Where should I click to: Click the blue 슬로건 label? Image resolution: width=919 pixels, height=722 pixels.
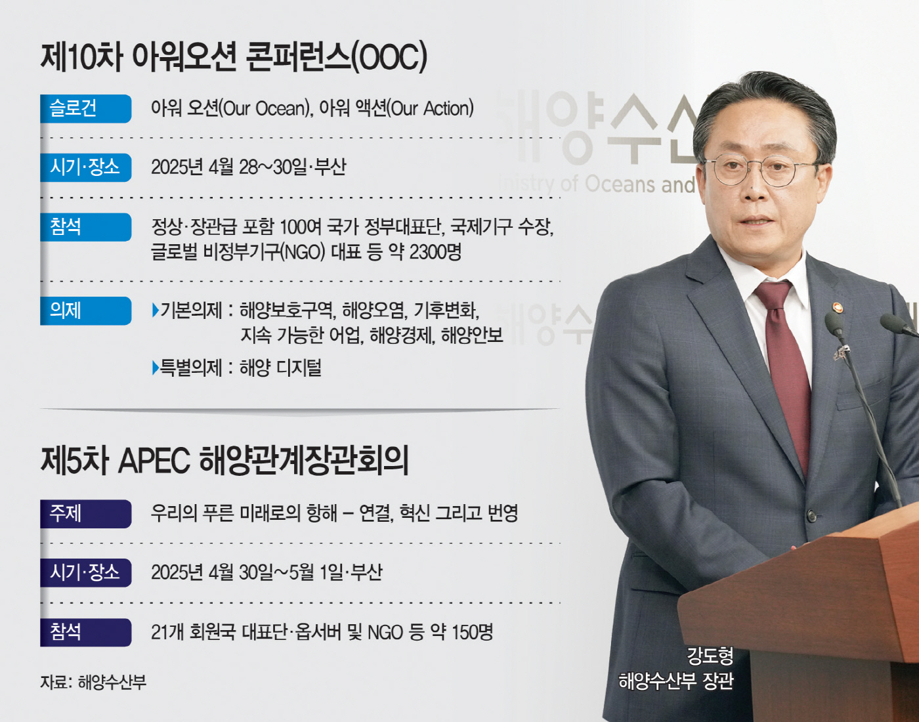[85, 109]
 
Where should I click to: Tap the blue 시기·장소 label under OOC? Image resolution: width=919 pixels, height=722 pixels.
[85, 167]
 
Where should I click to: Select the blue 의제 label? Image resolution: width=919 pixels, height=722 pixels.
[85, 310]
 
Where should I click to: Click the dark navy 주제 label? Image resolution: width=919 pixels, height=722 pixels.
[85, 513]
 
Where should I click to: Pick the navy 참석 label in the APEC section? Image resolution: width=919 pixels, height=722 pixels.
[85, 632]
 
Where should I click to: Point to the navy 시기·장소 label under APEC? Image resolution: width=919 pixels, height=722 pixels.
[85, 572]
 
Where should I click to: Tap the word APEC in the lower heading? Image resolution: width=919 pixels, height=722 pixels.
[154, 461]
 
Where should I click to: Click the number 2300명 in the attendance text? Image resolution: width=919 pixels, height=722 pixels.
[436, 252]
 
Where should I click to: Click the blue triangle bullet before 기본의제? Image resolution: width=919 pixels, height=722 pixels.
[155, 310]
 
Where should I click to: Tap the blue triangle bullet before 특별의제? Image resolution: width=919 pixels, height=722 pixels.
[155, 368]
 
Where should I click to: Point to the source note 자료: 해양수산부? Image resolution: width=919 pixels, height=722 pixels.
[93, 682]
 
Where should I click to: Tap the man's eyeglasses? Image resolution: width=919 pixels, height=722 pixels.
[763, 171]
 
